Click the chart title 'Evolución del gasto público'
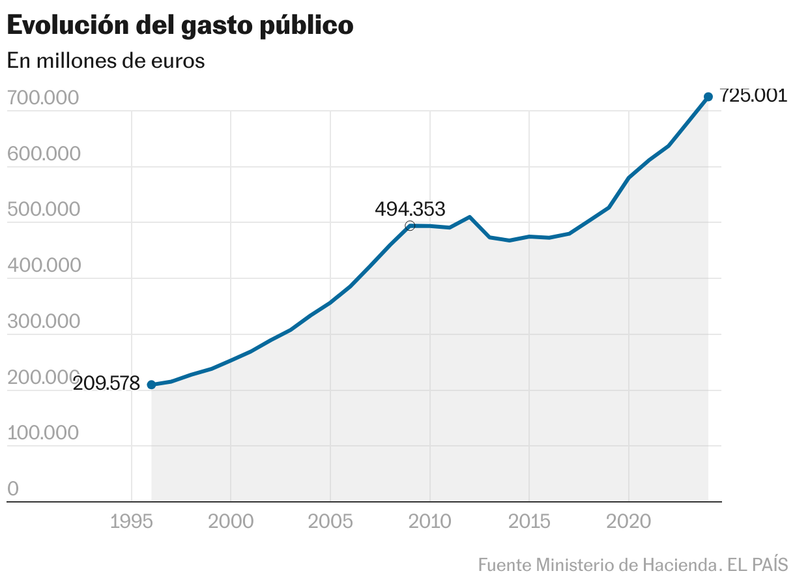pyautogui.click(x=180, y=25)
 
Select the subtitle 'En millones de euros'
pyautogui.click(x=106, y=61)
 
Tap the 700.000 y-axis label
pyautogui.click(x=42, y=98)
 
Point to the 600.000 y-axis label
pyautogui.click(x=42, y=154)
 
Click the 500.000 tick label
pyautogui.click(x=42, y=210)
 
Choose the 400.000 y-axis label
pyautogui.click(x=42, y=266)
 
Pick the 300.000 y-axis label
pyautogui.click(x=42, y=322)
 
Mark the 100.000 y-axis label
pyautogui.click(x=42, y=433)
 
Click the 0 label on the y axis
pyautogui.click(x=13, y=489)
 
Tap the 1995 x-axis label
pyautogui.click(x=132, y=522)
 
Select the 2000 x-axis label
pyautogui.click(x=231, y=522)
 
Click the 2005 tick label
pyautogui.click(x=330, y=522)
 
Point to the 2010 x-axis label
pyautogui.click(x=429, y=522)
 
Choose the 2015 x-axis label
pyautogui.click(x=529, y=522)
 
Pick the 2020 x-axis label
pyautogui.click(x=628, y=522)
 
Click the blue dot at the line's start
pyautogui.click(x=151, y=385)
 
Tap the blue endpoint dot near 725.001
pyautogui.click(x=708, y=97)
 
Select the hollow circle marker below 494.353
pyautogui.click(x=410, y=226)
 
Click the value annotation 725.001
pyautogui.click(x=753, y=96)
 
